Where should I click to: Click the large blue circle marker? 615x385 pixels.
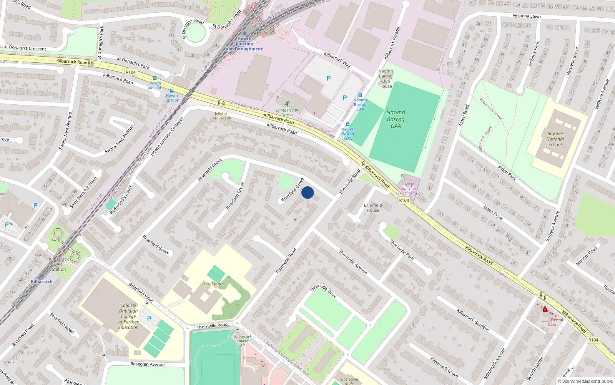click(307, 192)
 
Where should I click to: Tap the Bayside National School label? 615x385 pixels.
click(555, 139)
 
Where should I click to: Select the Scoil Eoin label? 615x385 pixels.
click(213, 283)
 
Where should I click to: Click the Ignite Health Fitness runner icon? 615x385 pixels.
click(287, 103)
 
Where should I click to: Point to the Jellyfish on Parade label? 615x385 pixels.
click(222, 116)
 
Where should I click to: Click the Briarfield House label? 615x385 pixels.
click(373, 208)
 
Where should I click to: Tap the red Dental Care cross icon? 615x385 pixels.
click(545, 309)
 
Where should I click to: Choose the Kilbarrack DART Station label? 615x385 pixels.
click(59, 264)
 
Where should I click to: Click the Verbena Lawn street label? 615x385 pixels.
click(526, 16)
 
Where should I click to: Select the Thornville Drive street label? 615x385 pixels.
click(323, 291)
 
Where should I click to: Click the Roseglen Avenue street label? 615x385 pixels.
click(147, 364)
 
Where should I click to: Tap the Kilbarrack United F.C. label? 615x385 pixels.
click(243, 341)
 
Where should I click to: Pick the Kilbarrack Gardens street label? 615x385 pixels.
click(473, 320)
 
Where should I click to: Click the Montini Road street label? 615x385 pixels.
click(587, 256)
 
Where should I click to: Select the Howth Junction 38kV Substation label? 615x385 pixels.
click(409, 189)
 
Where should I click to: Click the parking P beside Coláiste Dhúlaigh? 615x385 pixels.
click(149, 319)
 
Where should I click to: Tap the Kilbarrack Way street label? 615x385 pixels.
click(337, 60)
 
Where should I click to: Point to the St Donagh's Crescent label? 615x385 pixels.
click(25, 48)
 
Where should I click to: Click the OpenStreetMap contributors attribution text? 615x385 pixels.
click(585, 381)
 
